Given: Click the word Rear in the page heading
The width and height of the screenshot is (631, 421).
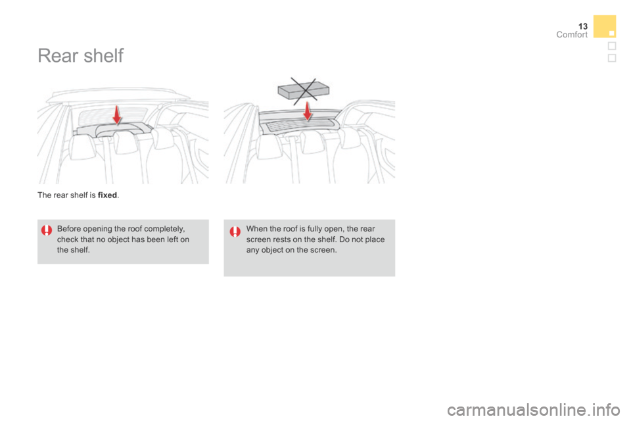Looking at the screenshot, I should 57,56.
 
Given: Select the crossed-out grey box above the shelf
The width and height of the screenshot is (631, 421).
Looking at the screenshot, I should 303,86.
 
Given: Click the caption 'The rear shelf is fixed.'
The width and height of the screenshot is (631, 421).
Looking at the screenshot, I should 78,195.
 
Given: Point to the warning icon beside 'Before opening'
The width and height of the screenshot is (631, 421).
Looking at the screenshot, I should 46,230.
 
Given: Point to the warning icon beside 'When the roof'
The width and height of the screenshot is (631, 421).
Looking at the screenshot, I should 235,230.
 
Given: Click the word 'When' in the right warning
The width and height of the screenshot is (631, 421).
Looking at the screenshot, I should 256,229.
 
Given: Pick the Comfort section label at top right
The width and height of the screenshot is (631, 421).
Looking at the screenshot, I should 571,34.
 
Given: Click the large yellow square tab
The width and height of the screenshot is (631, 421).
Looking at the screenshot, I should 604,26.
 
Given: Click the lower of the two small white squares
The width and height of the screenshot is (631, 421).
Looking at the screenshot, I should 611,58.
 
